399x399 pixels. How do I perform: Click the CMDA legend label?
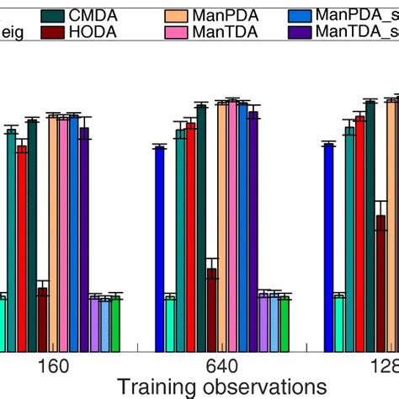88,14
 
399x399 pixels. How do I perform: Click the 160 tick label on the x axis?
52,367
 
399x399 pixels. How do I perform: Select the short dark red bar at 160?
42,320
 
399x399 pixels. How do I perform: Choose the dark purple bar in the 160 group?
84,239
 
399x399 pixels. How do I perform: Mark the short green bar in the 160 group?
115,323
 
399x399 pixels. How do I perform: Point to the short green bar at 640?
285,323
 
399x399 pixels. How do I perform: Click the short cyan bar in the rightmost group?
339,323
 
